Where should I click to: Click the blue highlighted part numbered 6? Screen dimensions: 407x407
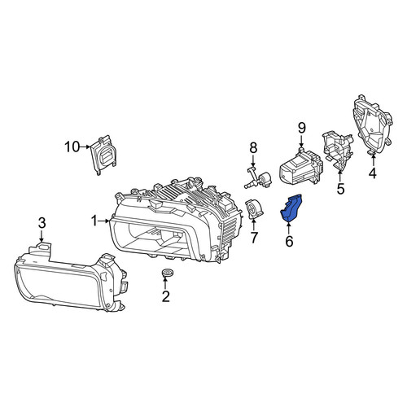tap(291, 208)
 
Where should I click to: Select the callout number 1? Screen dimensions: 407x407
tap(94, 221)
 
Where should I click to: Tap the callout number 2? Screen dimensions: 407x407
tap(165, 296)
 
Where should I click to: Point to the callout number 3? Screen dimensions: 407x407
tap(42, 223)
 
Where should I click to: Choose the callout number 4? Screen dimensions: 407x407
tap(373, 173)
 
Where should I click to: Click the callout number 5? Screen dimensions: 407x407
tap(340, 188)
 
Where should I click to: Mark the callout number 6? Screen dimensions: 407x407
tap(289, 241)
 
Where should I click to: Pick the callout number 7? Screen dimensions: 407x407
tap(254, 238)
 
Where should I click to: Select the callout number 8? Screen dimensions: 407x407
tap(253, 148)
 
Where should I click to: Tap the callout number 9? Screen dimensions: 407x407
tap(302, 129)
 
